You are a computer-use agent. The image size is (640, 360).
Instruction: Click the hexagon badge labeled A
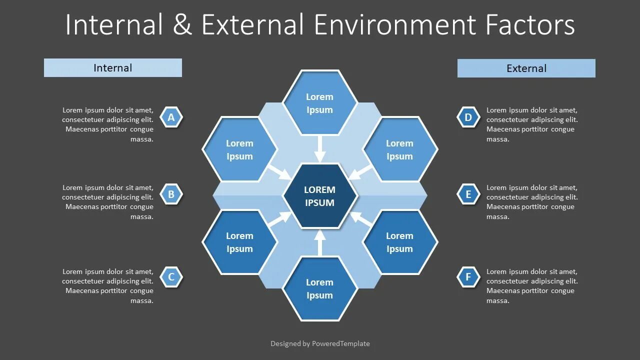click(x=171, y=117)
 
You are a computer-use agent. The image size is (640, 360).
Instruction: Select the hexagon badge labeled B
click(x=171, y=194)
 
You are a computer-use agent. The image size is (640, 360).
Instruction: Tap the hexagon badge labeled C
click(x=171, y=277)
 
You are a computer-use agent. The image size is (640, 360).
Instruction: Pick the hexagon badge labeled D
click(x=468, y=117)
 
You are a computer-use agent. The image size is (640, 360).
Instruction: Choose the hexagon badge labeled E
click(x=468, y=194)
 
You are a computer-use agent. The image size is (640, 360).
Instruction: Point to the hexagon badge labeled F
click(x=468, y=277)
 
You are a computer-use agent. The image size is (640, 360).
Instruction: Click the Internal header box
click(x=113, y=68)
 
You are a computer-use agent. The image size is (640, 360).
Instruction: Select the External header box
click(x=526, y=68)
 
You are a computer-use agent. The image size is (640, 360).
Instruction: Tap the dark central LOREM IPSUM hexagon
click(x=320, y=196)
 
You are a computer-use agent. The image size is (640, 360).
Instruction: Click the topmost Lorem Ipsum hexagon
click(x=320, y=103)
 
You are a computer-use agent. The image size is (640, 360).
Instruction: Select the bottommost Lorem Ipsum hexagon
click(x=320, y=288)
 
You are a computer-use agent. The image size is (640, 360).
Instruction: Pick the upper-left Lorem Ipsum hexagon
click(x=240, y=149)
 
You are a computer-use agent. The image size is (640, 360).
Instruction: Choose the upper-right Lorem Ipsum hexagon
click(x=400, y=149)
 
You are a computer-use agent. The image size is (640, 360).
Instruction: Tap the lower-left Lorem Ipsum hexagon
click(x=240, y=242)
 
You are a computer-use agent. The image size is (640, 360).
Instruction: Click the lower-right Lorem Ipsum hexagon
click(x=400, y=242)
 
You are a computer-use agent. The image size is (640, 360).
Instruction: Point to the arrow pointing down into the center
click(x=320, y=149)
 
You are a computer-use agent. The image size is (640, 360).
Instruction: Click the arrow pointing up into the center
click(x=320, y=242)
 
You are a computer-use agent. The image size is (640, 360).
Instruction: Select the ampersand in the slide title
click(x=182, y=24)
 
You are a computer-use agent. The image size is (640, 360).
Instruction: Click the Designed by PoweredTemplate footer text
click(x=320, y=343)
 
